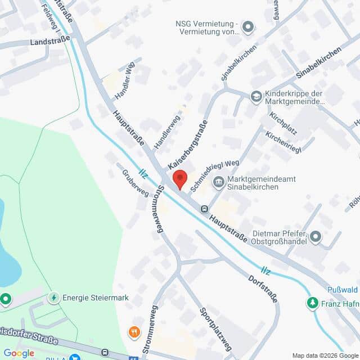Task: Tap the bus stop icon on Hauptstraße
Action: click(x=204, y=209)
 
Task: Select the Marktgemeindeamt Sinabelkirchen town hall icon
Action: click(x=218, y=182)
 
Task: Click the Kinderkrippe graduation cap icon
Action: click(x=256, y=97)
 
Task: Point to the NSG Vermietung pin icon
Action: click(x=247, y=26)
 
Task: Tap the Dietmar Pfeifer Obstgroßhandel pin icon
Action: click(x=316, y=237)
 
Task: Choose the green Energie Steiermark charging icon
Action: click(x=54, y=298)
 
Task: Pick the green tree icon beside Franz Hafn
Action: click(x=312, y=303)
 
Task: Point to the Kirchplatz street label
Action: click(x=282, y=123)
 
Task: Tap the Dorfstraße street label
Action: click(x=263, y=288)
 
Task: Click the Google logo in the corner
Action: click(x=19, y=353)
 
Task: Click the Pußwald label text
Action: click(x=343, y=290)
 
